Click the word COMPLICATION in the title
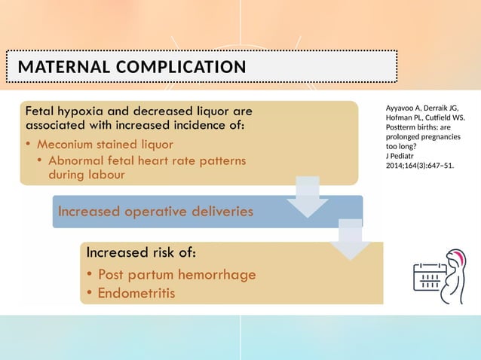[181, 68]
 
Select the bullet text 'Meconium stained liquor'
[110, 144]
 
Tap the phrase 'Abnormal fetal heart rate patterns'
[146, 160]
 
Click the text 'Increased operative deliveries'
[155, 211]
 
